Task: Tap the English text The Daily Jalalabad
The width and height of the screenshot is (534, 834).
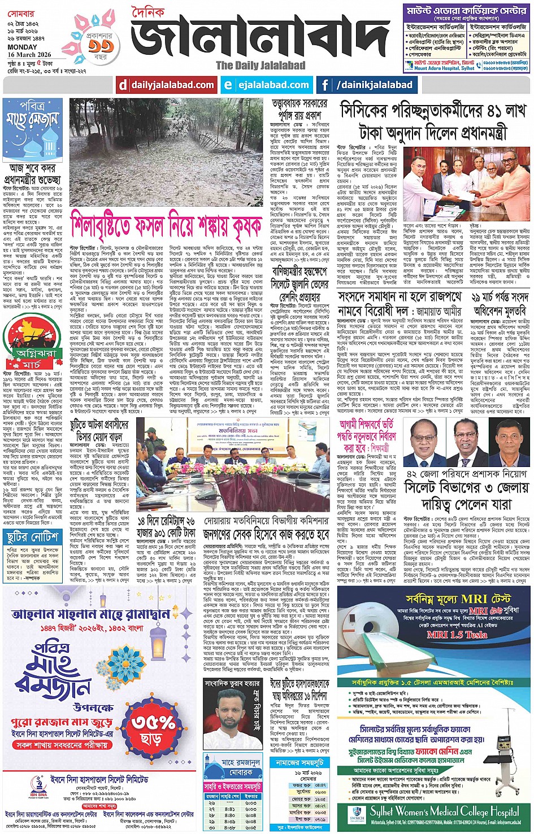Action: [261, 66]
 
